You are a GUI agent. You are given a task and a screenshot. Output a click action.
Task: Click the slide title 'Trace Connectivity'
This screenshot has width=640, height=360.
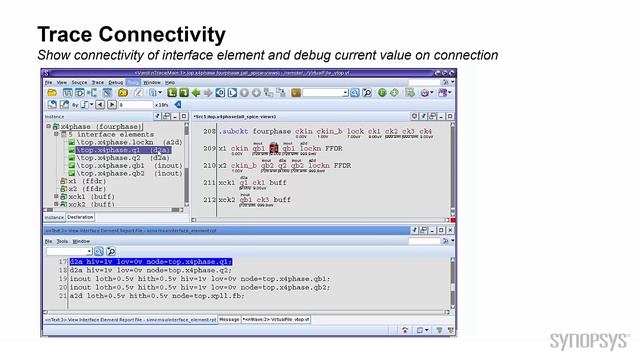(131, 35)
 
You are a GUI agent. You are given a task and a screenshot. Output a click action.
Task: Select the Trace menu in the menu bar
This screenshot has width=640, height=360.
(97, 82)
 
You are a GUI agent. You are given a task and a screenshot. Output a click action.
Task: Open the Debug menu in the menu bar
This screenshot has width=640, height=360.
(115, 82)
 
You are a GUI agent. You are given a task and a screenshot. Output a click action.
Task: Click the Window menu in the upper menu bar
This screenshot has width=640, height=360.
(151, 82)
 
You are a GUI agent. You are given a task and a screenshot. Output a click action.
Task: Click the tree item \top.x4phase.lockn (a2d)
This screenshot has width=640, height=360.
(121, 142)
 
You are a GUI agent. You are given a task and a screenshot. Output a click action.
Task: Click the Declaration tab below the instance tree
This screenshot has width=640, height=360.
(80, 217)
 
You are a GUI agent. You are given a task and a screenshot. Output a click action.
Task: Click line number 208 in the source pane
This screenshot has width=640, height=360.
(209, 131)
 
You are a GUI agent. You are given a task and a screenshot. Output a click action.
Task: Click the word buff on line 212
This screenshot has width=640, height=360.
(282, 199)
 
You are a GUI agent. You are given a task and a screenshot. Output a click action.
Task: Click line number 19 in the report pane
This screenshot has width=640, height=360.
(62, 279)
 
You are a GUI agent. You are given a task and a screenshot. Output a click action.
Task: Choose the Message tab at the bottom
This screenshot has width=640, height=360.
(229, 319)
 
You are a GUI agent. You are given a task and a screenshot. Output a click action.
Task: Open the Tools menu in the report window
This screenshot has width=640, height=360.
(62, 241)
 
